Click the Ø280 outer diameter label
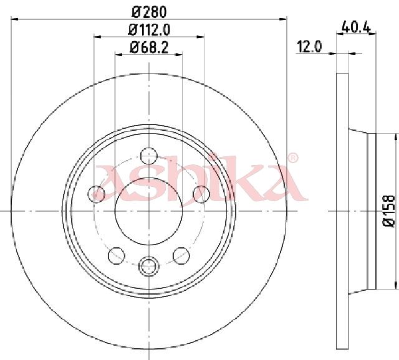tap(150, 12)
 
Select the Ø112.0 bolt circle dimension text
tap(149, 30)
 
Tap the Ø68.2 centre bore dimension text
tap(149, 47)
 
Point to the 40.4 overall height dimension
tap(356, 26)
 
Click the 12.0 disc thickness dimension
tap(309, 47)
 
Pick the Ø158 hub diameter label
tap(388, 211)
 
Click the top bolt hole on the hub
tap(149, 156)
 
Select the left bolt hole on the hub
tap(96, 194)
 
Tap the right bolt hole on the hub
tap(201, 194)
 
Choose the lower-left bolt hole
tap(117, 255)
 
